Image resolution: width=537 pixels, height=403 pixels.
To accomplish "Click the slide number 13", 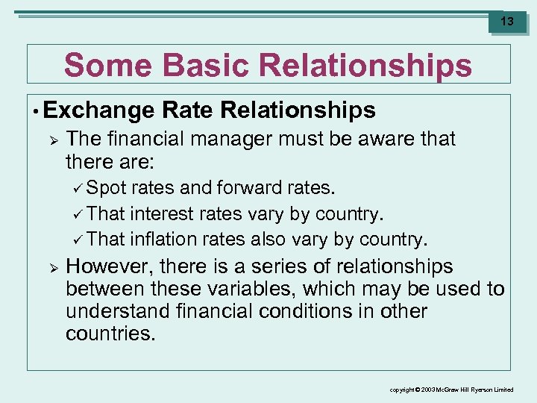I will (x=506, y=22).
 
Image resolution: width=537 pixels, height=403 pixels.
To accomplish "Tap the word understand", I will (x=121, y=311).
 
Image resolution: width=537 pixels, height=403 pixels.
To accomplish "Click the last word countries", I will (x=110, y=334).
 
